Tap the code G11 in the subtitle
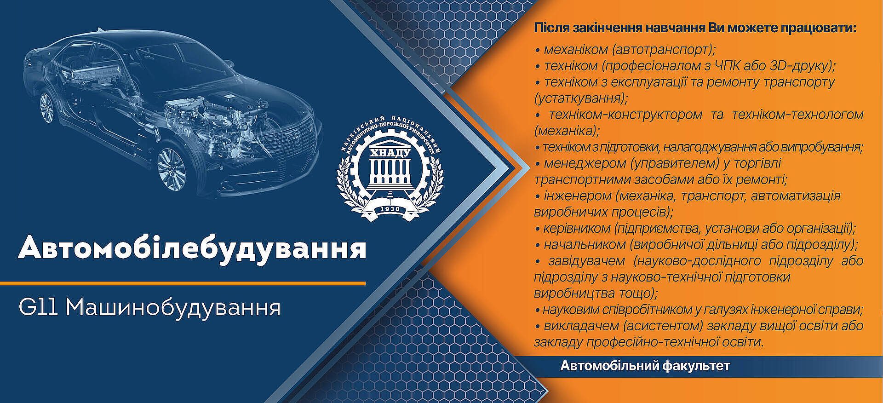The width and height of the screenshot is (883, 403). (38, 307)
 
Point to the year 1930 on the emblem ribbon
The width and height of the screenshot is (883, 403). (390, 209)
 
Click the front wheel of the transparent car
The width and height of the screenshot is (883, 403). (172, 168)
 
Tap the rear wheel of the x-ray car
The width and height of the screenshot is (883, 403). (46, 107)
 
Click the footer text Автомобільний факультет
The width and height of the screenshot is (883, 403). (645, 366)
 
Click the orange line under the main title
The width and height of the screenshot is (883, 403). (183, 283)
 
